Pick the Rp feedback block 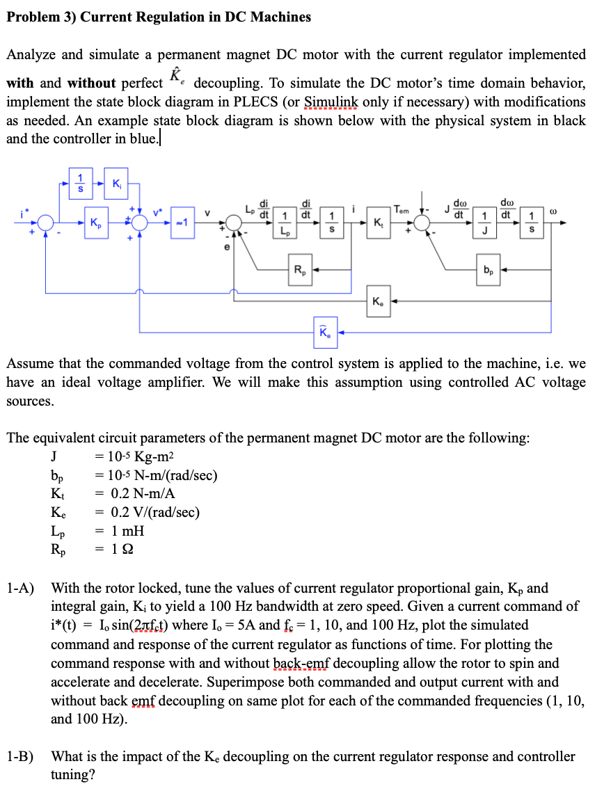299,269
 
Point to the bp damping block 489,269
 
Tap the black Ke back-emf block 377,303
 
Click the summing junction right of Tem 422,223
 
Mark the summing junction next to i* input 47,223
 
